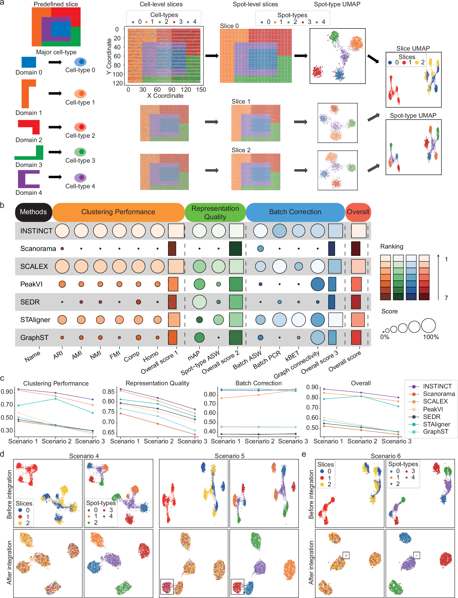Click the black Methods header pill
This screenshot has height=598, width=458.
(33, 212)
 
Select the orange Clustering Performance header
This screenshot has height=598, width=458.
(118, 212)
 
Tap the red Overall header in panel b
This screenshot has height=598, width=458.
(358, 212)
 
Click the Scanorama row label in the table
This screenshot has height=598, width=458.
(38, 249)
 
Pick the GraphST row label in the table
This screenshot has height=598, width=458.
(34, 337)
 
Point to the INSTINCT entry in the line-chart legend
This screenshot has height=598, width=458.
(437, 386)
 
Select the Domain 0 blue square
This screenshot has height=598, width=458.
(29, 62)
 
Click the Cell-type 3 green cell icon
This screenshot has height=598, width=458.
(80, 152)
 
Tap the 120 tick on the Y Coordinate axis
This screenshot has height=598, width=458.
(118, 83)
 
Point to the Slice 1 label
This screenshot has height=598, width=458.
(241, 101)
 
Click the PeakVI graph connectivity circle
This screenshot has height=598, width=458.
(318, 284)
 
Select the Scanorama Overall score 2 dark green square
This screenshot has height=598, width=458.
(236, 249)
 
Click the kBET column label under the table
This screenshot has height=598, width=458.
(292, 356)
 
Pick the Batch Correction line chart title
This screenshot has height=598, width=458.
(259, 383)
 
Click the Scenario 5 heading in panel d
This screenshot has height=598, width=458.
(229, 456)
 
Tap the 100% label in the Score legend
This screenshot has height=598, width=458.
(431, 337)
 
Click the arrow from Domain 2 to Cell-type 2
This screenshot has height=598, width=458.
(55, 127)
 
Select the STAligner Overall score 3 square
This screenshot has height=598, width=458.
(335, 320)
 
